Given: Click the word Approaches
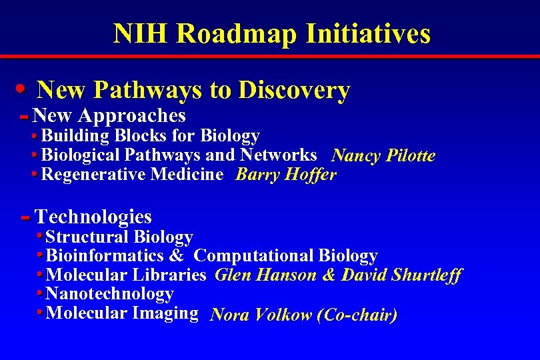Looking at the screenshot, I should coord(131,116).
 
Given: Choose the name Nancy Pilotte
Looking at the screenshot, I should coord(383,156).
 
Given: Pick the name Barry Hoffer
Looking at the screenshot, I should coord(287,175).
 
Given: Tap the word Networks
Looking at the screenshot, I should coord(279,155).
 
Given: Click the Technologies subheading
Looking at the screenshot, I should coord(93,217).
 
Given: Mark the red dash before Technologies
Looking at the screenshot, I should coord(26,218).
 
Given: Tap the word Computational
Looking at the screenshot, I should coord(254,256).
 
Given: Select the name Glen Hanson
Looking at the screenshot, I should coord(266,275).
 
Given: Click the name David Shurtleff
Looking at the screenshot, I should coord(401,275).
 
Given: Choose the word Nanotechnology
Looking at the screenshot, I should coord(109,294).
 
